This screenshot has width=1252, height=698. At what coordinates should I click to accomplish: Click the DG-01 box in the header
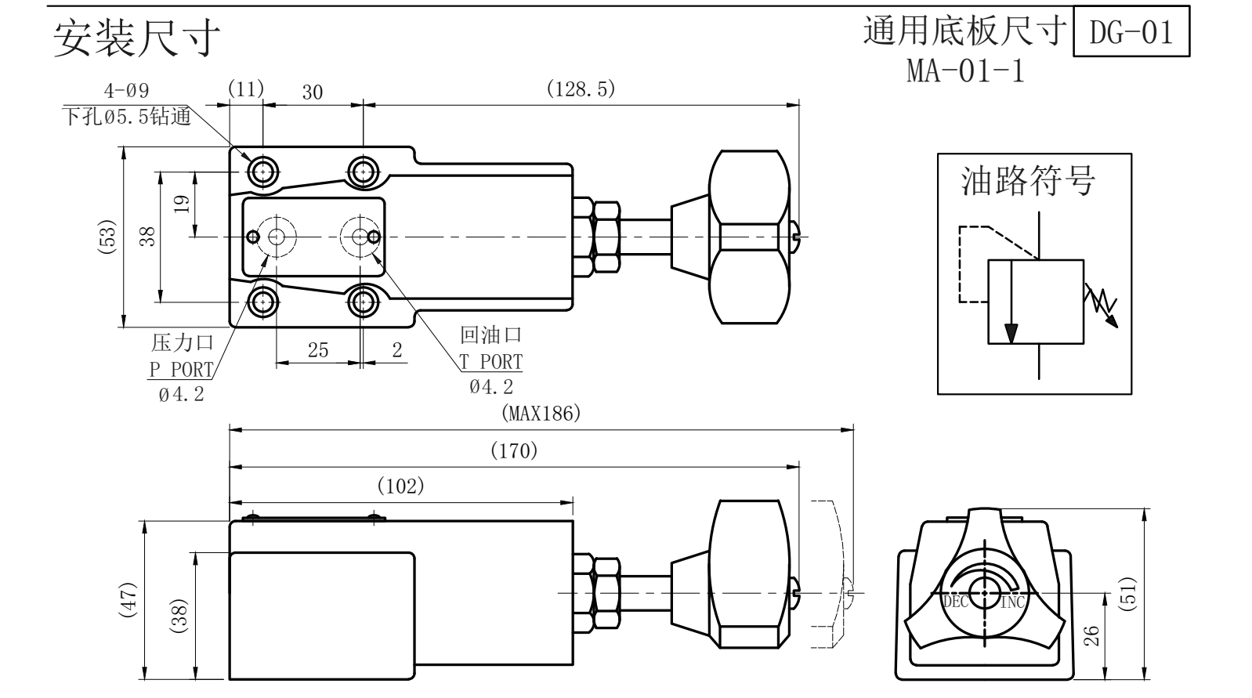(x=1131, y=31)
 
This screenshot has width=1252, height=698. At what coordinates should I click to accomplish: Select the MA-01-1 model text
(x=965, y=71)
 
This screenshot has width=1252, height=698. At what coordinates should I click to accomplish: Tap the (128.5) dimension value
(x=581, y=89)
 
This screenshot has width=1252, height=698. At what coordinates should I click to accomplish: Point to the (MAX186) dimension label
(x=541, y=414)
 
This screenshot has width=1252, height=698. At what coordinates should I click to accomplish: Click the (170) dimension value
(x=514, y=450)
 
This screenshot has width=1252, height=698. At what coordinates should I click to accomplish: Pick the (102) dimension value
(x=401, y=486)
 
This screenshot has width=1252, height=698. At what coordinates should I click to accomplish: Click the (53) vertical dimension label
(x=107, y=237)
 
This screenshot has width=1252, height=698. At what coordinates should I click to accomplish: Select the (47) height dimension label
(x=128, y=599)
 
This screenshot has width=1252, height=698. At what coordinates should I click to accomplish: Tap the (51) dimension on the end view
(x=1129, y=594)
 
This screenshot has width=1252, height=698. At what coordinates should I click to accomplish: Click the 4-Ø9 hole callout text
(x=126, y=91)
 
